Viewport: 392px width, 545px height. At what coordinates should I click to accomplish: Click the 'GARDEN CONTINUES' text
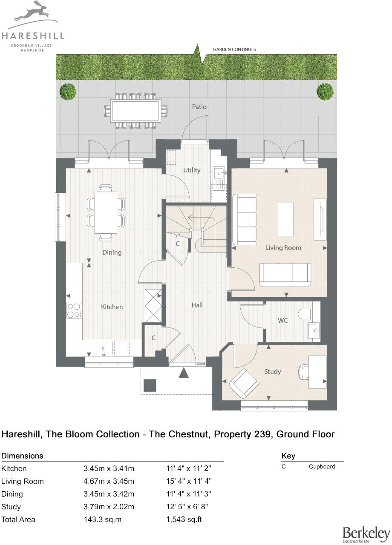pyautogui.click(x=234, y=49)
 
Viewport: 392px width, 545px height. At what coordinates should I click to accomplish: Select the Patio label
pyautogui.click(x=199, y=106)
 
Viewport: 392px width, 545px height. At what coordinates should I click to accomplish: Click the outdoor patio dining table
pyautogui.click(x=136, y=110)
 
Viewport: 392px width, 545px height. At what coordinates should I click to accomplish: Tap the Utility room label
pyautogui.click(x=192, y=170)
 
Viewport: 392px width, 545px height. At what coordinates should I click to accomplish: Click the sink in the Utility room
pyautogui.click(x=219, y=174)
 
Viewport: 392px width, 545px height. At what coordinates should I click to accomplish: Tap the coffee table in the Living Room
pyautogui.click(x=285, y=219)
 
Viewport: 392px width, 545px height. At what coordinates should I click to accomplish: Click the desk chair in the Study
pyautogui.click(x=303, y=372)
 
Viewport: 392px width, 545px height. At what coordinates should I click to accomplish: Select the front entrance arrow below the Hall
pyautogui.click(x=183, y=373)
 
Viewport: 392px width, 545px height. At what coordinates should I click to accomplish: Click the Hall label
pyautogui.click(x=197, y=305)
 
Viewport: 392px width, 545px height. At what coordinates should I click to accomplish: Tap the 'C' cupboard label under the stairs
pyautogui.click(x=178, y=244)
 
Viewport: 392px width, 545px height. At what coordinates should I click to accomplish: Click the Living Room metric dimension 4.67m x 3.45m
pyautogui.click(x=109, y=482)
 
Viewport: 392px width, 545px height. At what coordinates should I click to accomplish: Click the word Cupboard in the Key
pyautogui.click(x=322, y=467)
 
